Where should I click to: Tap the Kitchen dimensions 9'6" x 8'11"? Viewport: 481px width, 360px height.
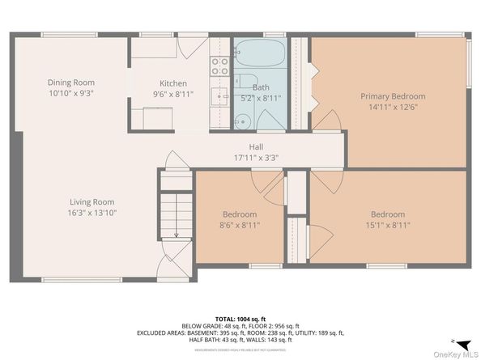click(x=172, y=95)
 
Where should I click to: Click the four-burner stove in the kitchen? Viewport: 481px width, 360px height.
click(x=219, y=66)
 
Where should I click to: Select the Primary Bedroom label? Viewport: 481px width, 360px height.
click(x=392, y=96)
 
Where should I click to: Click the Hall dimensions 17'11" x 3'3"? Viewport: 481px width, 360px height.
click(x=256, y=158)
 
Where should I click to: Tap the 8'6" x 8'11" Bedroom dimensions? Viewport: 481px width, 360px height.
click(x=239, y=226)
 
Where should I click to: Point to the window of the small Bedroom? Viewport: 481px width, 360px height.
click(x=265, y=265)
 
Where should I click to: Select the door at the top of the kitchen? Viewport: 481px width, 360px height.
click(x=187, y=47)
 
